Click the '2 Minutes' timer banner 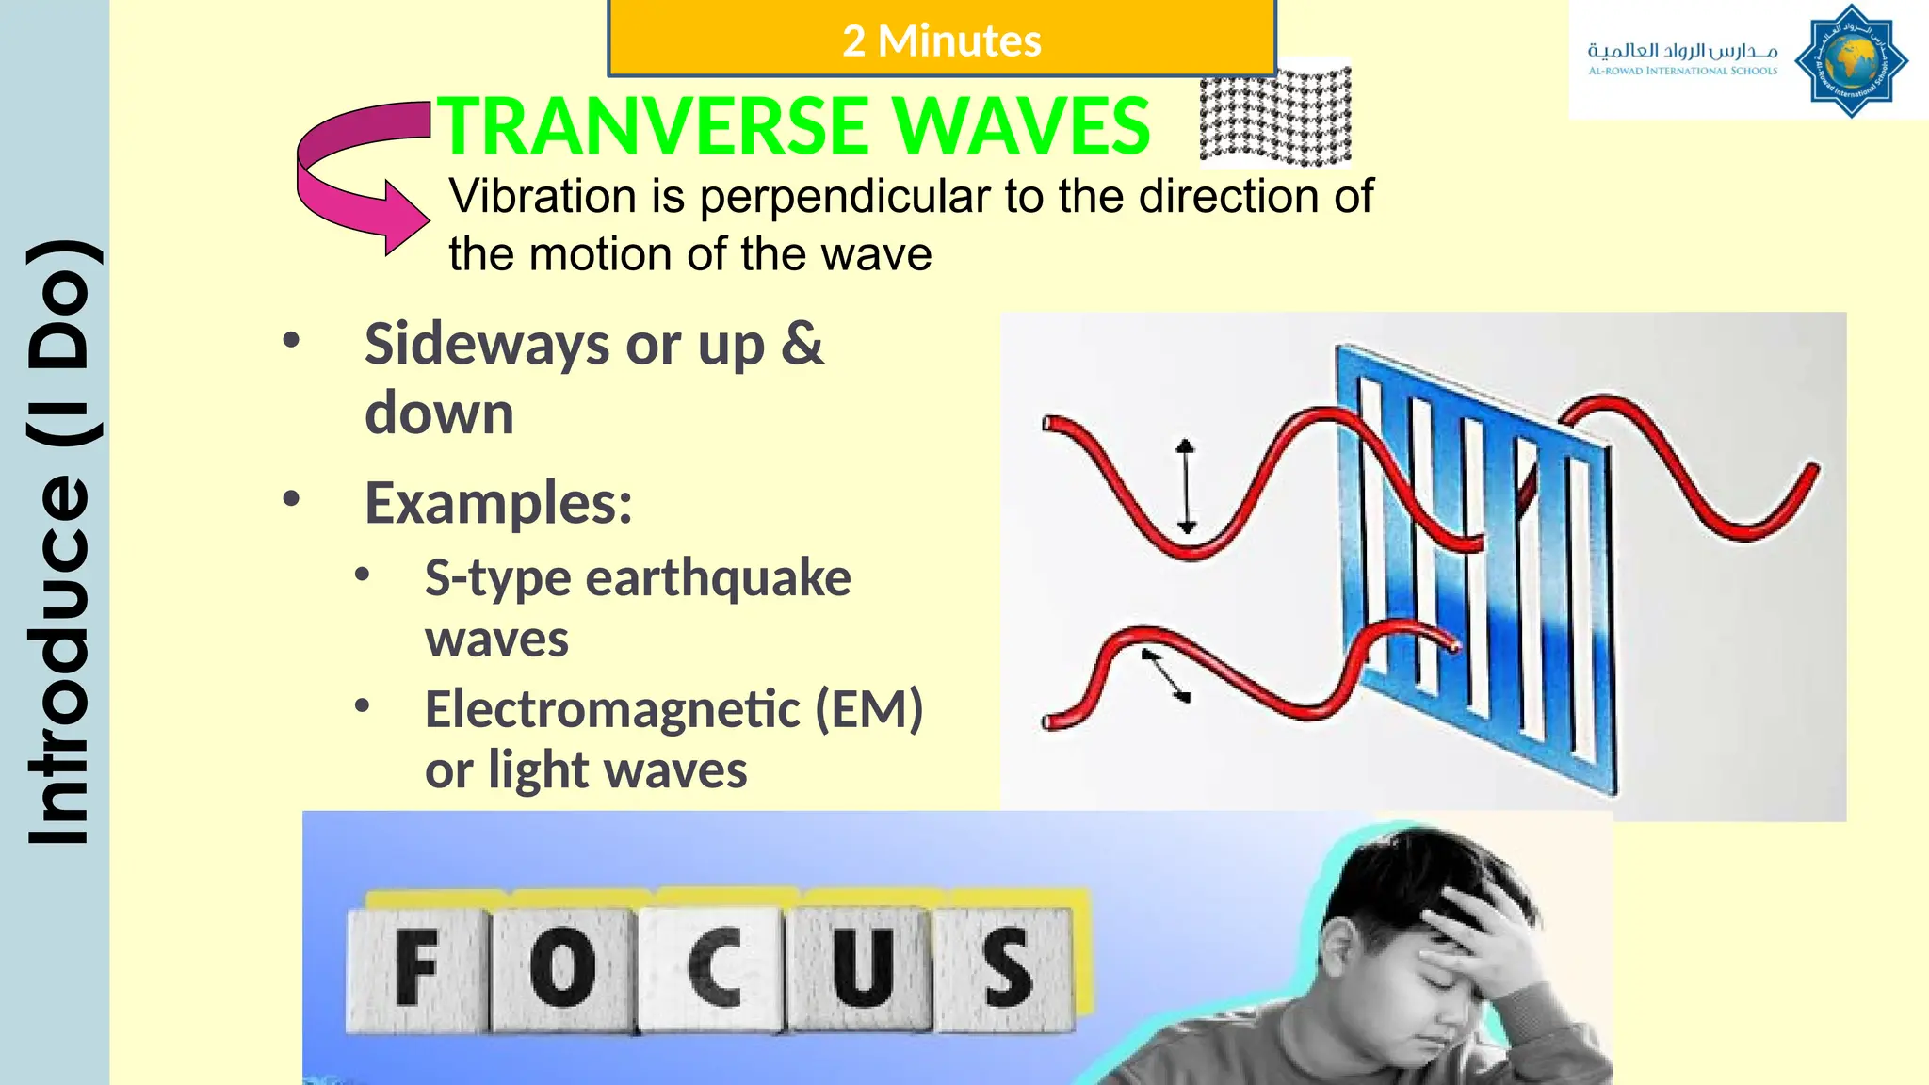point(942,40)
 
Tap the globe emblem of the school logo point(1850,61)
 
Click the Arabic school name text point(1682,50)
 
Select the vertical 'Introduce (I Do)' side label point(59,542)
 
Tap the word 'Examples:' point(498,503)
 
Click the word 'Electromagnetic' point(612,708)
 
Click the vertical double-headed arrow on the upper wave point(1186,486)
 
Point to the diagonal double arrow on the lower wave point(1167,674)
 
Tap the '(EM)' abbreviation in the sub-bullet point(868,708)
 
